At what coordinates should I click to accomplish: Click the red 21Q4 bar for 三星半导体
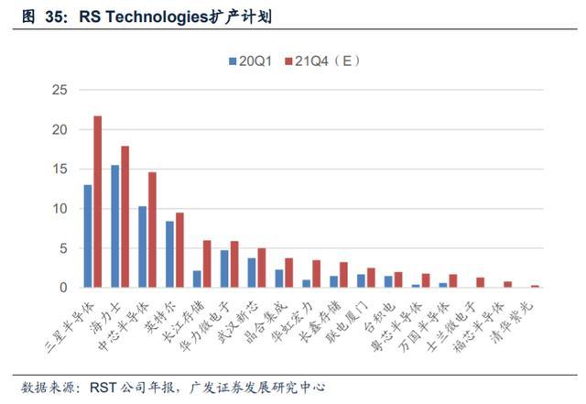click(98, 202)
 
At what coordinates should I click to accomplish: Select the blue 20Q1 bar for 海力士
click(115, 226)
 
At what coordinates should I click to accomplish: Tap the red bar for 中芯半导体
click(152, 230)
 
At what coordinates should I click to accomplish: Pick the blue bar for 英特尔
click(169, 255)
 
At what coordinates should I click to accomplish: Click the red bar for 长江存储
click(207, 264)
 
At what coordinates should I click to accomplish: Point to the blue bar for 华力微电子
click(224, 269)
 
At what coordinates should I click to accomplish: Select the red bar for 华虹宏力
click(316, 274)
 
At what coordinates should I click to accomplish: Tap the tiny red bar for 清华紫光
click(535, 287)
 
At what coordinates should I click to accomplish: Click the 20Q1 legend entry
click(250, 61)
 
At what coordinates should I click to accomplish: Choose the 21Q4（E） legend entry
click(322, 61)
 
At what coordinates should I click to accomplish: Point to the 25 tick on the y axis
click(60, 90)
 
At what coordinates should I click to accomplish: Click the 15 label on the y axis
click(60, 169)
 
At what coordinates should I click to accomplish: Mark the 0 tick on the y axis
click(63, 288)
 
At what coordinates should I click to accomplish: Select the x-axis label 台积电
click(380, 317)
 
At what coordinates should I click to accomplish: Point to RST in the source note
click(103, 388)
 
